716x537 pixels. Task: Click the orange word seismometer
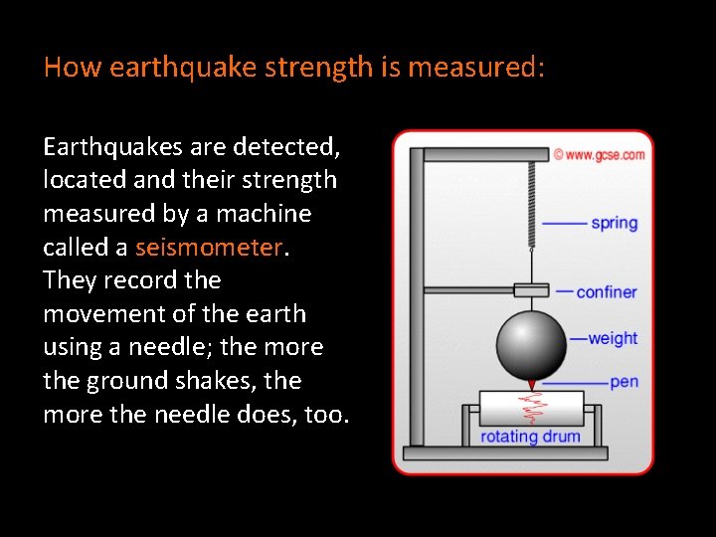pyautogui.click(x=209, y=247)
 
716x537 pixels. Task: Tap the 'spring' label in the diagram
pyautogui.click(x=614, y=223)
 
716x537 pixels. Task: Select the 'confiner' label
pyautogui.click(x=608, y=291)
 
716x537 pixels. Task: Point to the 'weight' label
pyautogui.click(x=613, y=338)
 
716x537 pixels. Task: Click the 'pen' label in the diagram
pyautogui.click(x=624, y=382)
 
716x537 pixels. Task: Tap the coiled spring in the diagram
pyautogui.click(x=531, y=203)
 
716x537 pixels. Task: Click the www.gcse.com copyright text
pyautogui.click(x=599, y=155)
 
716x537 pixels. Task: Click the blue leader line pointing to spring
pyautogui.click(x=565, y=224)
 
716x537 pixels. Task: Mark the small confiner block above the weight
pyautogui.click(x=531, y=290)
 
